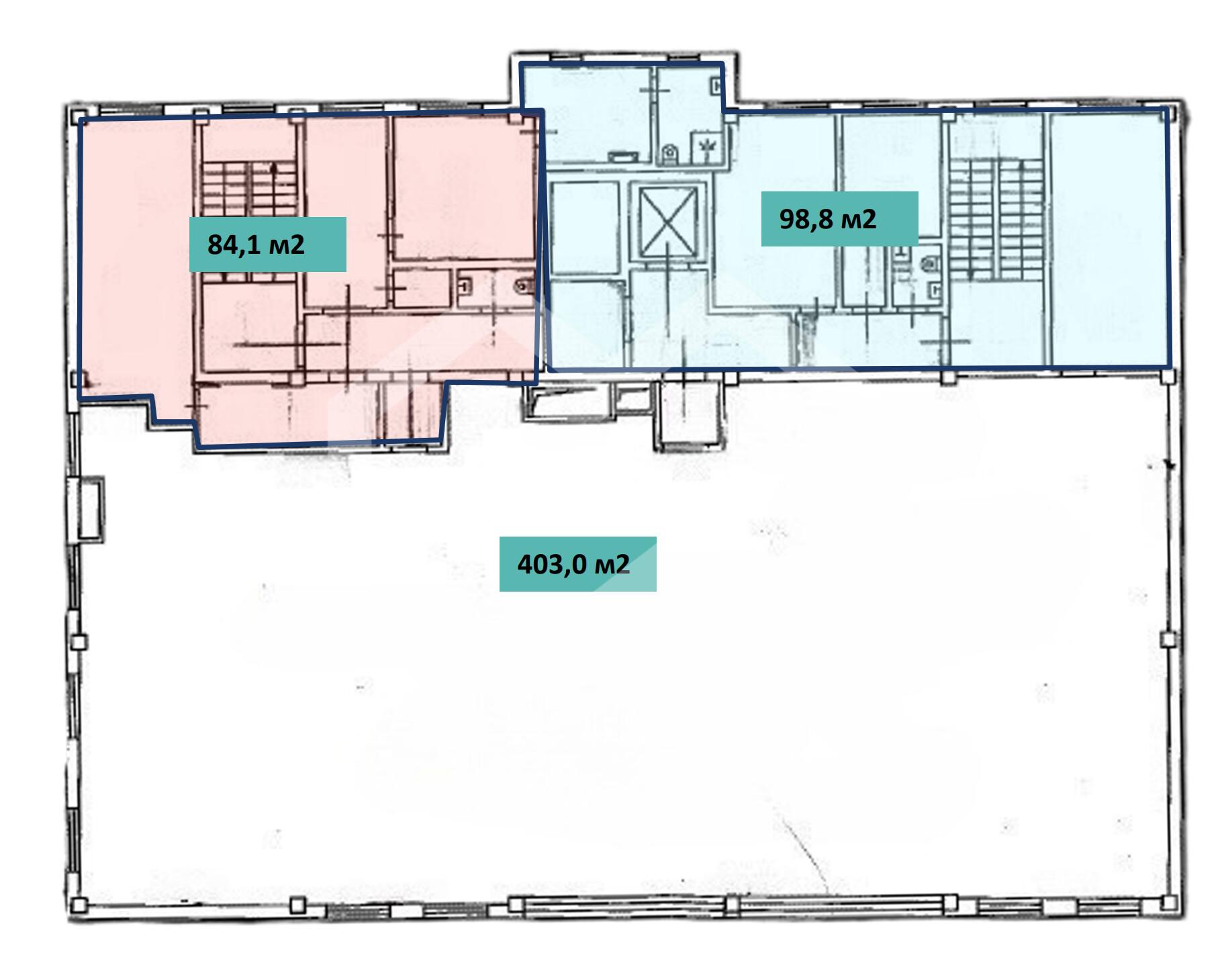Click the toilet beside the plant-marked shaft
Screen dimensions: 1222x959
pyautogui.click(x=669, y=154)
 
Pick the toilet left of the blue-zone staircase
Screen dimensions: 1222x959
pyautogui.click(x=929, y=263)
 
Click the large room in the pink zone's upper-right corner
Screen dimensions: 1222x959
pyautogui.click(x=463, y=189)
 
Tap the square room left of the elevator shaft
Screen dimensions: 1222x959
pyautogui.click(x=585, y=228)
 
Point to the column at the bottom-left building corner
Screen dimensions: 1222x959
pyautogui.click(x=79, y=905)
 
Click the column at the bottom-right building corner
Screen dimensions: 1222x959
pyautogui.click(x=1169, y=904)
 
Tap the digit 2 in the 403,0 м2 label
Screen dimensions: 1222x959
pyautogui.click(x=623, y=564)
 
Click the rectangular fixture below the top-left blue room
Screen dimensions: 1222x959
pyautogui.click(x=624, y=156)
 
